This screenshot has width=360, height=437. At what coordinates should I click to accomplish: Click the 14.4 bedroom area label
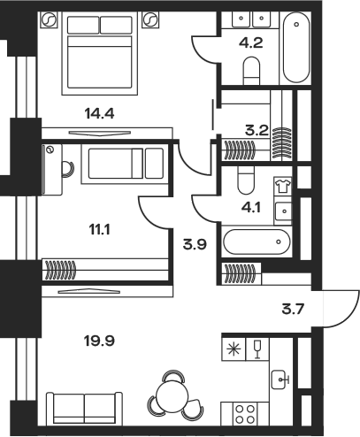[x=99, y=113]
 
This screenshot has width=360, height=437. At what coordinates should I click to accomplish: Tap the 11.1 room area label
[x=99, y=229]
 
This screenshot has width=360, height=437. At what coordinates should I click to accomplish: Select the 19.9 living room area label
[x=99, y=341]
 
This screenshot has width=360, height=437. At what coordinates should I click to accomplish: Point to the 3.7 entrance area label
[x=293, y=310]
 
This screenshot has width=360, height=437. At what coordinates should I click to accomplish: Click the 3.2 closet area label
[x=257, y=130]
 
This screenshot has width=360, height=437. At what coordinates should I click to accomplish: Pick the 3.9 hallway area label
[x=195, y=244]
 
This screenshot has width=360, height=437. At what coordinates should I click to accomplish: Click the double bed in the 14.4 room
[x=100, y=53]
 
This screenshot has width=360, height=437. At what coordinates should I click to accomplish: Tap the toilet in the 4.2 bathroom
[x=251, y=71]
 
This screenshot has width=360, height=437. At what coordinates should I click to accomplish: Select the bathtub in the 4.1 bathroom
[x=257, y=241]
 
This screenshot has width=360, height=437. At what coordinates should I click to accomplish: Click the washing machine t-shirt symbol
[x=283, y=186]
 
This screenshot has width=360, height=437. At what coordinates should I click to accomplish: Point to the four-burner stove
[x=245, y=414]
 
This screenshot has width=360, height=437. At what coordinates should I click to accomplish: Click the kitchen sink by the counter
[x=280, y=379]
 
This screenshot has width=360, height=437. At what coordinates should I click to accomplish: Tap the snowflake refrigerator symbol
[x=234, y=349]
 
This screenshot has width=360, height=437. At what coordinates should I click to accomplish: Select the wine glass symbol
[x=257, y=349]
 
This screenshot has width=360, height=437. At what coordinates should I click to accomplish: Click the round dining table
[x=172, y=395]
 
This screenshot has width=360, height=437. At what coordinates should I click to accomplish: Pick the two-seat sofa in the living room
[x=85, y=409]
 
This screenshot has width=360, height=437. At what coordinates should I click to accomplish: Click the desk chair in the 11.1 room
[x=68, y=169]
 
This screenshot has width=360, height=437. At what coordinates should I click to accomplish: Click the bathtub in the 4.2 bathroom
[x=296, y=47]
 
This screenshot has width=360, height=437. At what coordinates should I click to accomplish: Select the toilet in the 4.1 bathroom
[x=246, y=180]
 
